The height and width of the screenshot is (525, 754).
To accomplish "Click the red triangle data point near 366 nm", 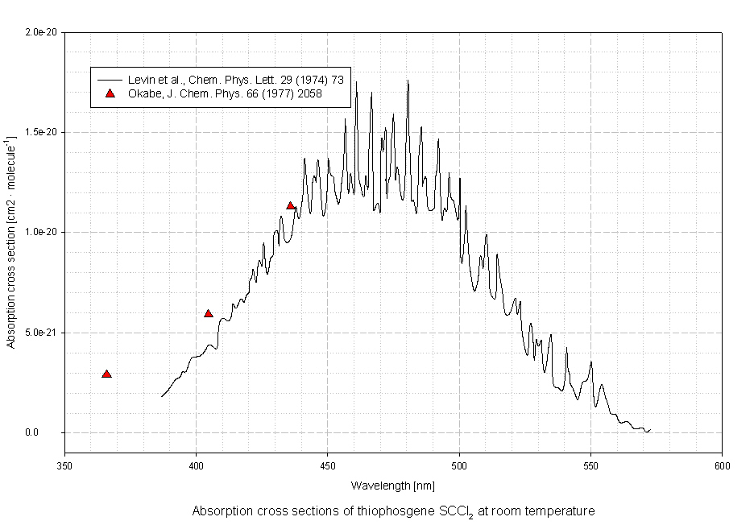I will click(106, 374).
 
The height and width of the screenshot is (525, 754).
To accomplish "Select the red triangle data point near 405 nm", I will click(209, 313).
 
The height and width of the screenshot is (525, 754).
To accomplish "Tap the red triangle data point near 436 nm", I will click(291, 205).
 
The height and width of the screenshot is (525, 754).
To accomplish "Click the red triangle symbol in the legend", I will click(110, 93).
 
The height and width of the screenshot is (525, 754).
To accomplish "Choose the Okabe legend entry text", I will click(225, 93).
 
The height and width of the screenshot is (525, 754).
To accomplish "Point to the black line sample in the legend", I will click(109, 80).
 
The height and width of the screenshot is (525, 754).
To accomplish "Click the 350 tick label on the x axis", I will click(64, 466).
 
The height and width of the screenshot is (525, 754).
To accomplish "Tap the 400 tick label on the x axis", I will click(196, 466).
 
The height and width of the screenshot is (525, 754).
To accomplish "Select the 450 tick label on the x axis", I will click(327, 466).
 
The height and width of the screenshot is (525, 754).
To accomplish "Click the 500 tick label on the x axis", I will click(459, 466).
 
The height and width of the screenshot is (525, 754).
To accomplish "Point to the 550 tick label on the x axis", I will click(590, 466).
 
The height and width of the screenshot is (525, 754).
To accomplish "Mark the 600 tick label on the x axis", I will click(722, 466).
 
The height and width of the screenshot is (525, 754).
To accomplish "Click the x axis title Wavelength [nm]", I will click(393, 486).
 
